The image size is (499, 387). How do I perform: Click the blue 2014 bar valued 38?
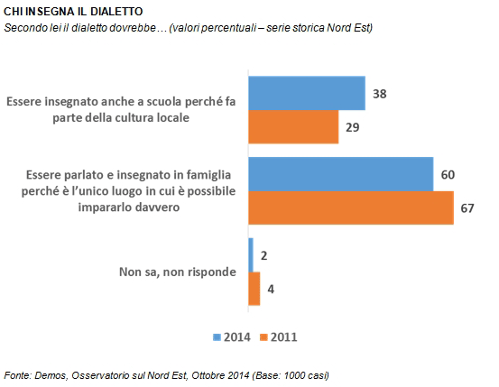307,93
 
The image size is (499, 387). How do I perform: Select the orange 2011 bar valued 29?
293,127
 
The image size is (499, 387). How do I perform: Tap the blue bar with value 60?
341,174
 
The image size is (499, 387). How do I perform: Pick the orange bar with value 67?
351,207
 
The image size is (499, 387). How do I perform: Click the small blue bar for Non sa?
251,255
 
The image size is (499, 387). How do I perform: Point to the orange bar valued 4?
254,289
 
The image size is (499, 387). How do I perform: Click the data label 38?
380,94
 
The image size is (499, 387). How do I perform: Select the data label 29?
353,127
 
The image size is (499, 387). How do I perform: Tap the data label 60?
448,175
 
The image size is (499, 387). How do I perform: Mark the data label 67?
467,208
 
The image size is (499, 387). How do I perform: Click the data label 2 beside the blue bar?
263,255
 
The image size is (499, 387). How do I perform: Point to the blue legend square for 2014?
217,337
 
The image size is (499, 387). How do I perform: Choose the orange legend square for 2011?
263,337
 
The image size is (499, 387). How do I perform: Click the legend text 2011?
284,337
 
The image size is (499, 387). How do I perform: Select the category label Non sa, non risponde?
178,272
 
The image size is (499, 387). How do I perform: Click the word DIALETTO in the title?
116,12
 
